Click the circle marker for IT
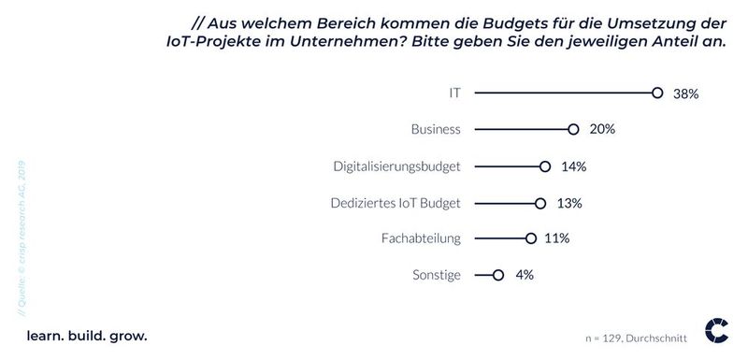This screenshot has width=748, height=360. click(x=657, y=94)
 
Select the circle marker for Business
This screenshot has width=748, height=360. click(x=573, y=130)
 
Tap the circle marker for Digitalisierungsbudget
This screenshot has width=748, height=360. click(x=545, y=166)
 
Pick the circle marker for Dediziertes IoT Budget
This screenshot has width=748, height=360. click(x=540, y=203)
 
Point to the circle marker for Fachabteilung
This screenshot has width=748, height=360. click(x=531, y=238)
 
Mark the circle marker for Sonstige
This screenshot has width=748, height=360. click(x=498, y=275)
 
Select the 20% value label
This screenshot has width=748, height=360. click(x=601, y=130)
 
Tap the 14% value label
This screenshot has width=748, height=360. click(x=573, y=166)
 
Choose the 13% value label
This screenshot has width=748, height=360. click(x=568, y=203)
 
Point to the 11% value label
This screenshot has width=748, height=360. click(x=557, y=238)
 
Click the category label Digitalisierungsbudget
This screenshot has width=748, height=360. click(x=397, y=166)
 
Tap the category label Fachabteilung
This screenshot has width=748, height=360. click(x=423, y=238)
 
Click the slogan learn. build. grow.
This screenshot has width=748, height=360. click(x=87, y=334)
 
